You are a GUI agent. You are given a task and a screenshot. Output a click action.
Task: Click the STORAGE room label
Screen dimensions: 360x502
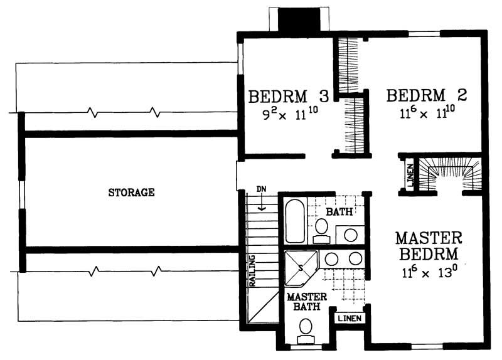131,193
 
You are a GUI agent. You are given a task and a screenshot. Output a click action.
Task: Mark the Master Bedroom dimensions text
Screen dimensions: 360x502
428,273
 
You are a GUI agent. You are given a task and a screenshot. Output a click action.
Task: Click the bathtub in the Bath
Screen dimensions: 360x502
295,221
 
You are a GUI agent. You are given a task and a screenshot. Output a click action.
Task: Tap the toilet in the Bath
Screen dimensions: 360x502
321,230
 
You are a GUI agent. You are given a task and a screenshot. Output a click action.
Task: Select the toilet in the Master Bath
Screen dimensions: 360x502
307,329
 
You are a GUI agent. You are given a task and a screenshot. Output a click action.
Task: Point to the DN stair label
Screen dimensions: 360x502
262,189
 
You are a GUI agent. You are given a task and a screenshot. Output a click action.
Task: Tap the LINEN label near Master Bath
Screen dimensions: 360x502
349,319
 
